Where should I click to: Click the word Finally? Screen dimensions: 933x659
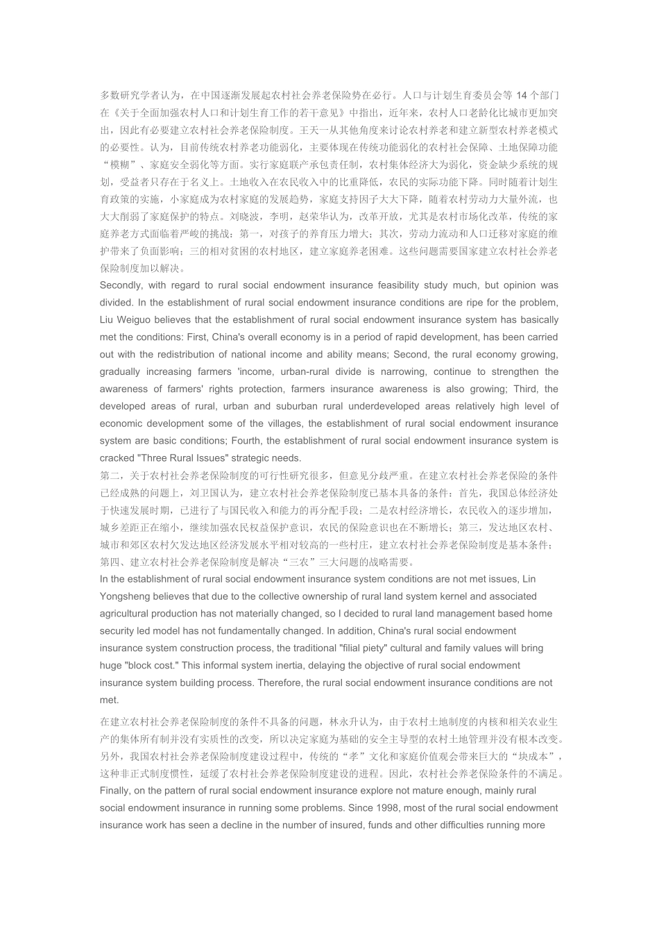[114, 791]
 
